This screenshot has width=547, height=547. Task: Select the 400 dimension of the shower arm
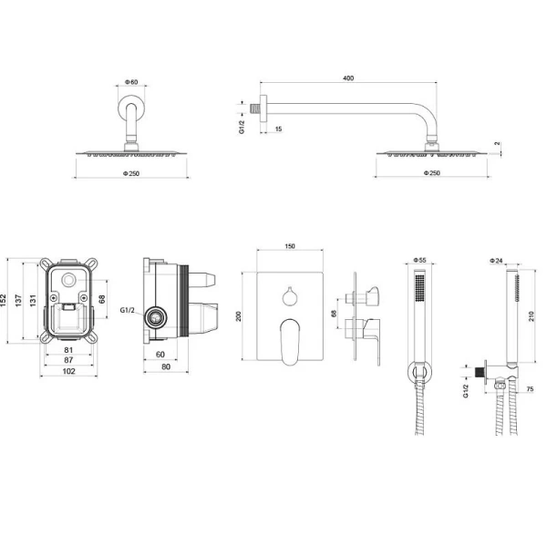[347, 79]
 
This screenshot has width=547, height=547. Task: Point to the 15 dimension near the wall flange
[277, 129]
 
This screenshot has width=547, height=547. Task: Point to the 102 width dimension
[68, 371]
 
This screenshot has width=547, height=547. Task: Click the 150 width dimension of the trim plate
[290, 246]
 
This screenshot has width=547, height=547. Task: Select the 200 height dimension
[239, 315]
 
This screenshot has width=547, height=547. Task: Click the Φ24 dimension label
[496, 261]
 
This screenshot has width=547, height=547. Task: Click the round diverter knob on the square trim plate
[289, 294]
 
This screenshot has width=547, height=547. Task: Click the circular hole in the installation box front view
[69, 278]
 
